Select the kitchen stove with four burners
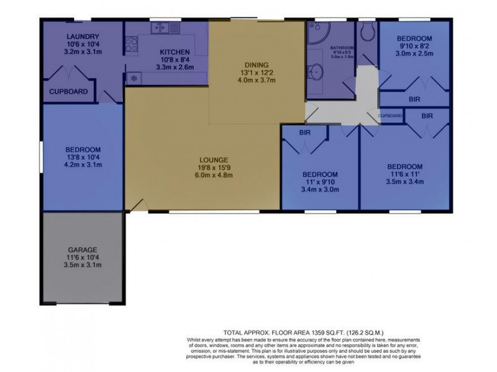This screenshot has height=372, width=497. tap(132, 44)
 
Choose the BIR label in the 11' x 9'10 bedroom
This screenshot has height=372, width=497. tap(304, 133)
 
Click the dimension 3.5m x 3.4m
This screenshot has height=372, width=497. tap(405, 183)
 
